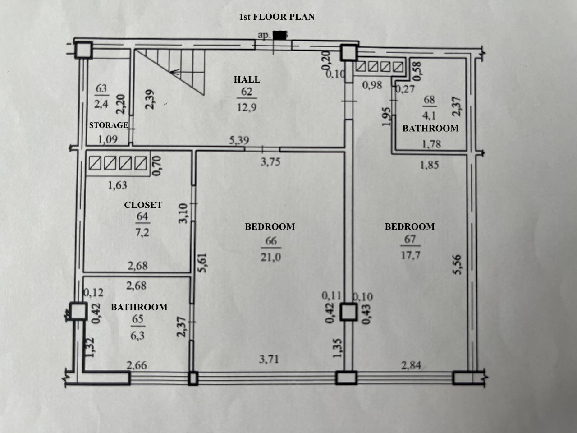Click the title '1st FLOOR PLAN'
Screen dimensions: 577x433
tap(277, 17)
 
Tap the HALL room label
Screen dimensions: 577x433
tap(247, 79)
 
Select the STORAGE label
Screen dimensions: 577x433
tap(109, 125)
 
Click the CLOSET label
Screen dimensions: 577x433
tap(143, 205)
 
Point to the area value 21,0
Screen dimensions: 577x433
tap(271, 257)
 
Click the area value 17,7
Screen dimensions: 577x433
tap(410, 255)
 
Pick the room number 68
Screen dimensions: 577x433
tap(429, 100)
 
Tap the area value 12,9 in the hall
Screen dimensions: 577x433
tap(247, 107)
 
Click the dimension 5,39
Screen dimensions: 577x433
tap(239, 140)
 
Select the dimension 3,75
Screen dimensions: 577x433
tap(270, 162)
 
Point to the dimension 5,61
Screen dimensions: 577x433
tap(203, 263)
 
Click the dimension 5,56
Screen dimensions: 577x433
tap(457, 264)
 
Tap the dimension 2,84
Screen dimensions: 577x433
tap(411, 365)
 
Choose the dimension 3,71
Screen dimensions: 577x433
tap(269, 359)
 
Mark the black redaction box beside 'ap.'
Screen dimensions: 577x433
tap(279, 35)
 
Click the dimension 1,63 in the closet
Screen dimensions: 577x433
tap(118, 185)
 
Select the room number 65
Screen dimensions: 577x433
tap(138, 319)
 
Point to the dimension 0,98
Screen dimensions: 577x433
tap(372, 85)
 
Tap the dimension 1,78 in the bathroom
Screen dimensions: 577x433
tap(431, 144)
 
